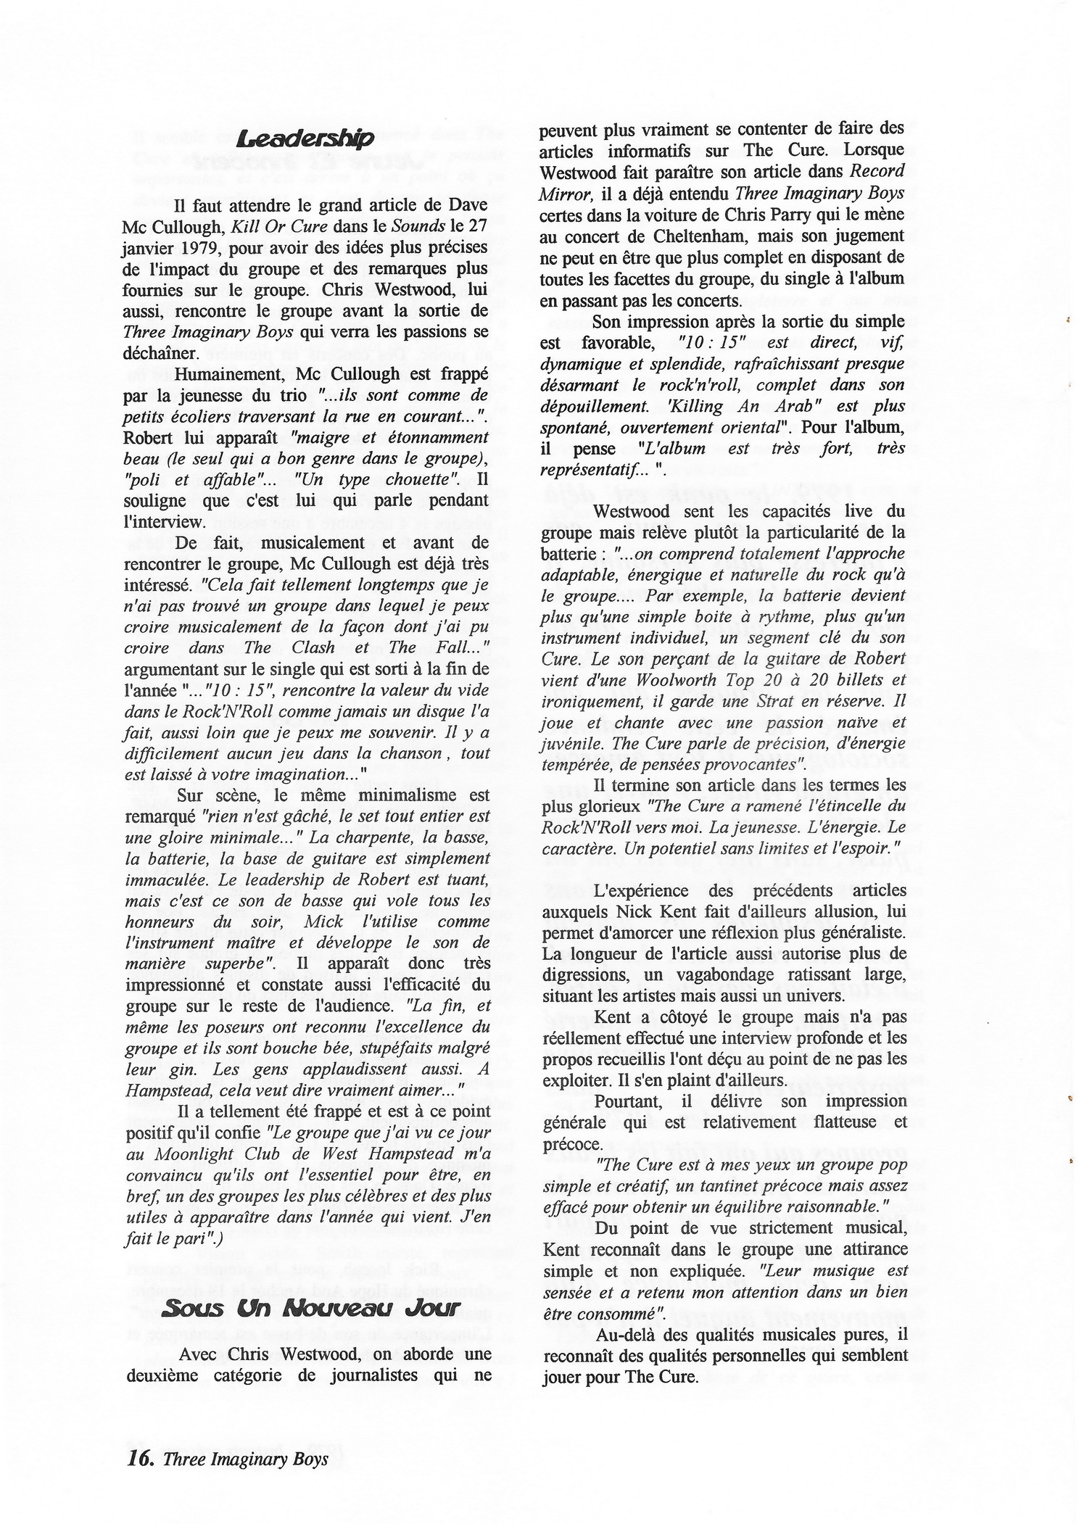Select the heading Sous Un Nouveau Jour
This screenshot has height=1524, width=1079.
pyautogui.click(x=310, y=1308)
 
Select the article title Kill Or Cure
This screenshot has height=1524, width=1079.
pyautogui.click(x=268, y=227)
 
